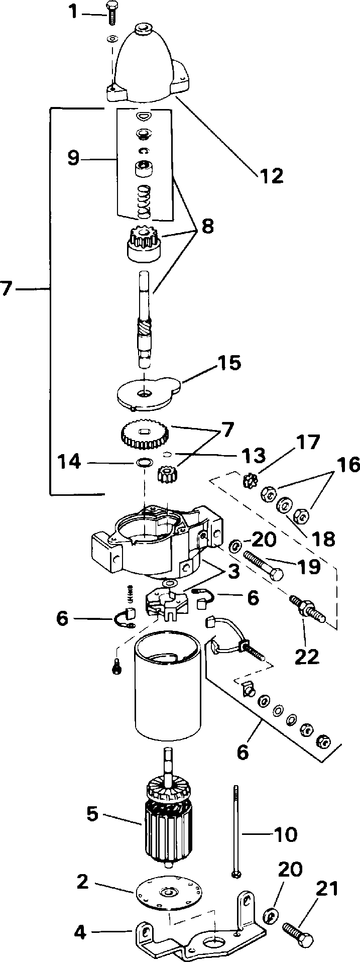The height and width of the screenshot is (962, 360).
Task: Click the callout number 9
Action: point(73,158)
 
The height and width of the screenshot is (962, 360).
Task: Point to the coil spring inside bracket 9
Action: point(144,201)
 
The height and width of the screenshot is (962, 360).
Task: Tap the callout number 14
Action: point(69,462)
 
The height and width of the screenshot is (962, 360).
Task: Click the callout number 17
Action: point(307,442)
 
